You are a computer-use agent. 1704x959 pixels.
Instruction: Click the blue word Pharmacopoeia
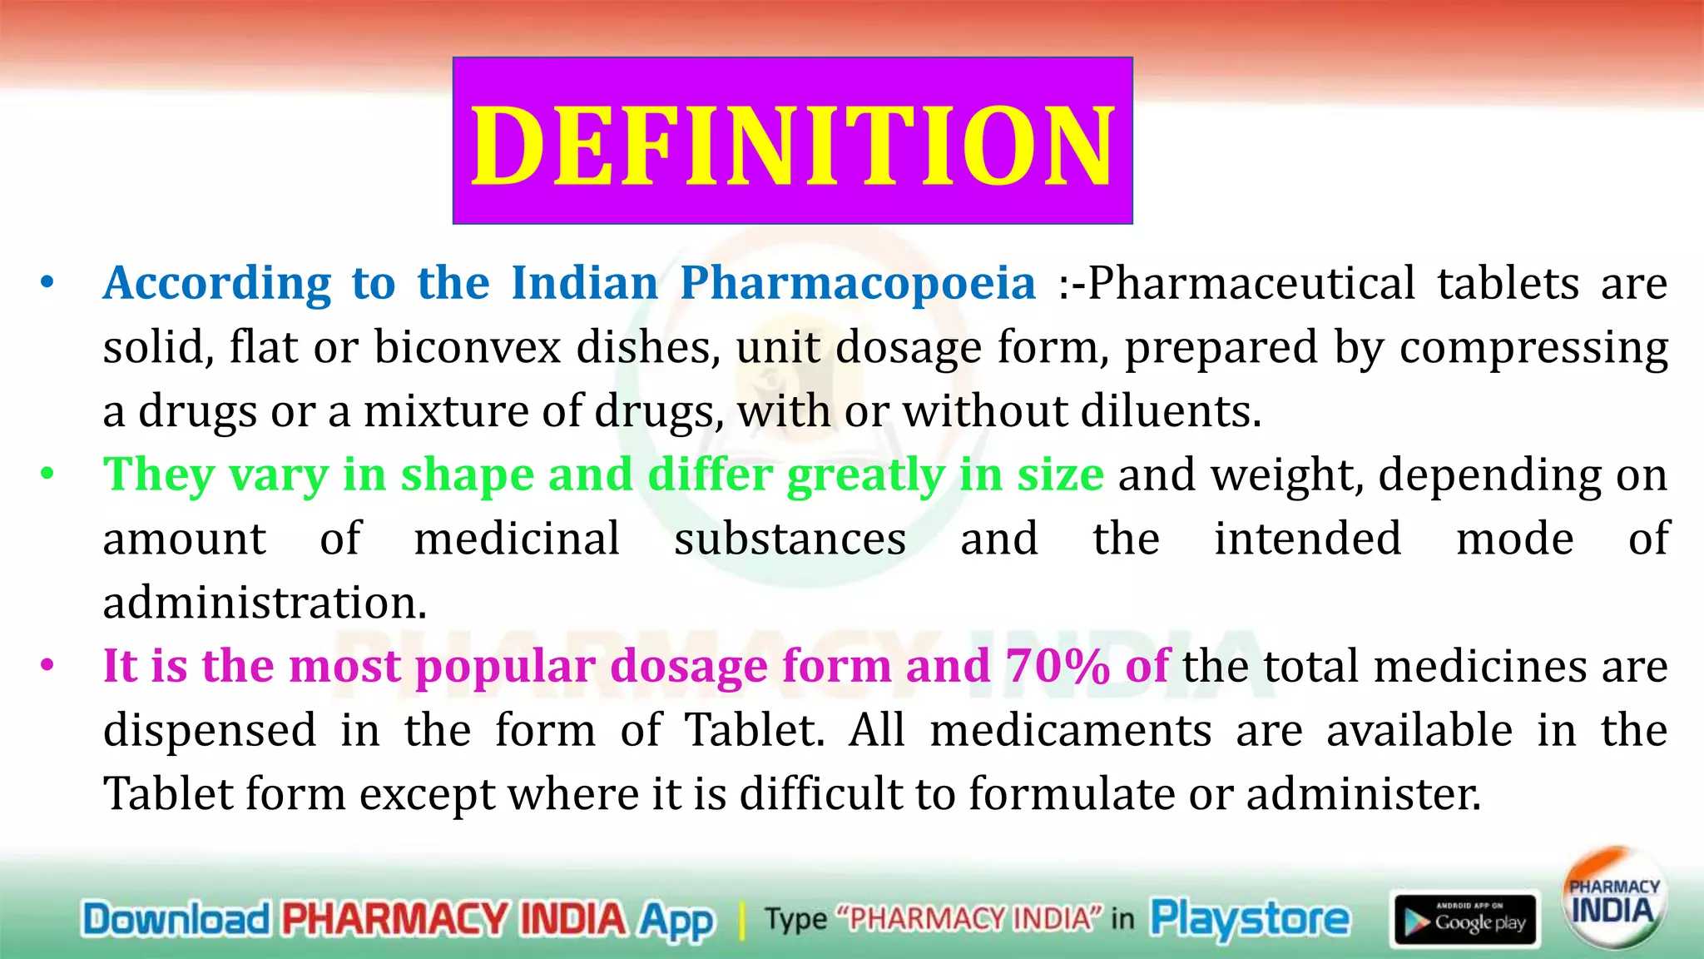(858, 284)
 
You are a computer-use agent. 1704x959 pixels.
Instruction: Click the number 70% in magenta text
(1058, 667)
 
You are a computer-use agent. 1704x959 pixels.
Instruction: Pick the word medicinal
(517, 539)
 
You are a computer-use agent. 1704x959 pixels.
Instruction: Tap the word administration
(265, 603)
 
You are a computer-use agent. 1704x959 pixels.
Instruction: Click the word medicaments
(1071, 730)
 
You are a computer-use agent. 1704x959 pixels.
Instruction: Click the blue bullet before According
(47, 282)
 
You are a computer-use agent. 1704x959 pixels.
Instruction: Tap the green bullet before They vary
(47, 474)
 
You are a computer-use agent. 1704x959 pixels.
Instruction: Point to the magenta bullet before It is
(47, 665)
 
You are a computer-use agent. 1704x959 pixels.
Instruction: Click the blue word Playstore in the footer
(1250, 919)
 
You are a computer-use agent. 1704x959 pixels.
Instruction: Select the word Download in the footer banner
(176, 920)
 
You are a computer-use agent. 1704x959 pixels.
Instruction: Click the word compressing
(1533, 347)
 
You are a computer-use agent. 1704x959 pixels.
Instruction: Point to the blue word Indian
(584, 284)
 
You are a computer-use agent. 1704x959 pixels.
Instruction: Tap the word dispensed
(210, 730)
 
